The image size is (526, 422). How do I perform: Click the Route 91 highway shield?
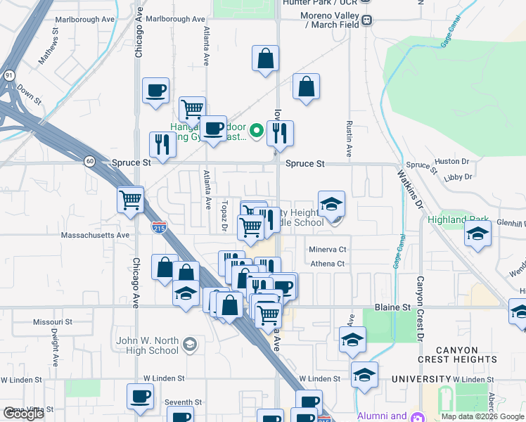point(8,74)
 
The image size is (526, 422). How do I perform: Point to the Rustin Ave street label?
point(348,137)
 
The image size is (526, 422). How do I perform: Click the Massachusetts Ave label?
point(96,235)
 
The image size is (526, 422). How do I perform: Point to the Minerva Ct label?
point(328,249)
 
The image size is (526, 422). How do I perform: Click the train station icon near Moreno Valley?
point(367,23)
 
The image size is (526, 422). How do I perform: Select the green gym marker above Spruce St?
point(257,129)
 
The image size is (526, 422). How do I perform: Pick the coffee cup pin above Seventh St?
point(140,396)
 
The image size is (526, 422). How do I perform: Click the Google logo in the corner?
point(23,414)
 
